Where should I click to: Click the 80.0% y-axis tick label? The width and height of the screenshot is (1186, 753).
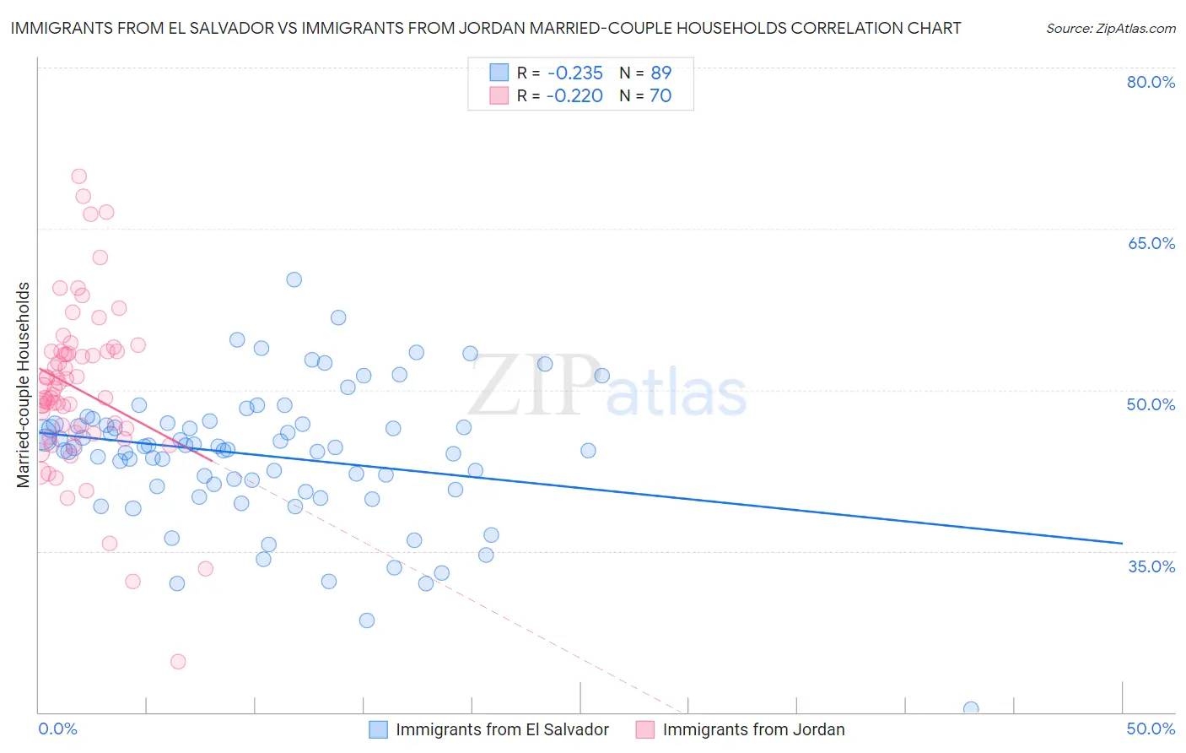point(1151,82)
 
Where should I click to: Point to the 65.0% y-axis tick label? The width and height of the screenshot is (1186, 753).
point(1151,243)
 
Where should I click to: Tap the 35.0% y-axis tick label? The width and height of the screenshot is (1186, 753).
point(1151,566)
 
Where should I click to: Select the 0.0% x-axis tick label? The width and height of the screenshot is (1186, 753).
point(57,729)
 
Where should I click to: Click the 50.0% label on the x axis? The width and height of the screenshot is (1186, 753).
point(1151,729)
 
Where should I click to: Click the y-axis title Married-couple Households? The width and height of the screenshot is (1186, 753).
point(24,384)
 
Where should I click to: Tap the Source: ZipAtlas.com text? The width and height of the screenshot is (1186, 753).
point(1110,28)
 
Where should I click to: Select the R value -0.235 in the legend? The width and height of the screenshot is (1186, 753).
point(574,73)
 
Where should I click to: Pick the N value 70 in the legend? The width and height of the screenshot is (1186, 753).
point(660,95)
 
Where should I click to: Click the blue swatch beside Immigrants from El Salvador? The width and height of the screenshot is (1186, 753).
point(378,729)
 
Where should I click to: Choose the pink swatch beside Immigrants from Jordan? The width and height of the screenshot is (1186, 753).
point(645,729)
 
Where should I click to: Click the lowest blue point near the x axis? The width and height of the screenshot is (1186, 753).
point(971,709)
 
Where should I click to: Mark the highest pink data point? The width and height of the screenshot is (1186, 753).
point(78,176)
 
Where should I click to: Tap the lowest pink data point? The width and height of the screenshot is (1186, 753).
point(178,662)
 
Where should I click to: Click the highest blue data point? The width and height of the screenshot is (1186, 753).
point(294,279)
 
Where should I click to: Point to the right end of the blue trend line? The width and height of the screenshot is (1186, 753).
point(1122,543)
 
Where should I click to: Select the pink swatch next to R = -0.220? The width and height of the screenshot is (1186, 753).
point(499,95)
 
